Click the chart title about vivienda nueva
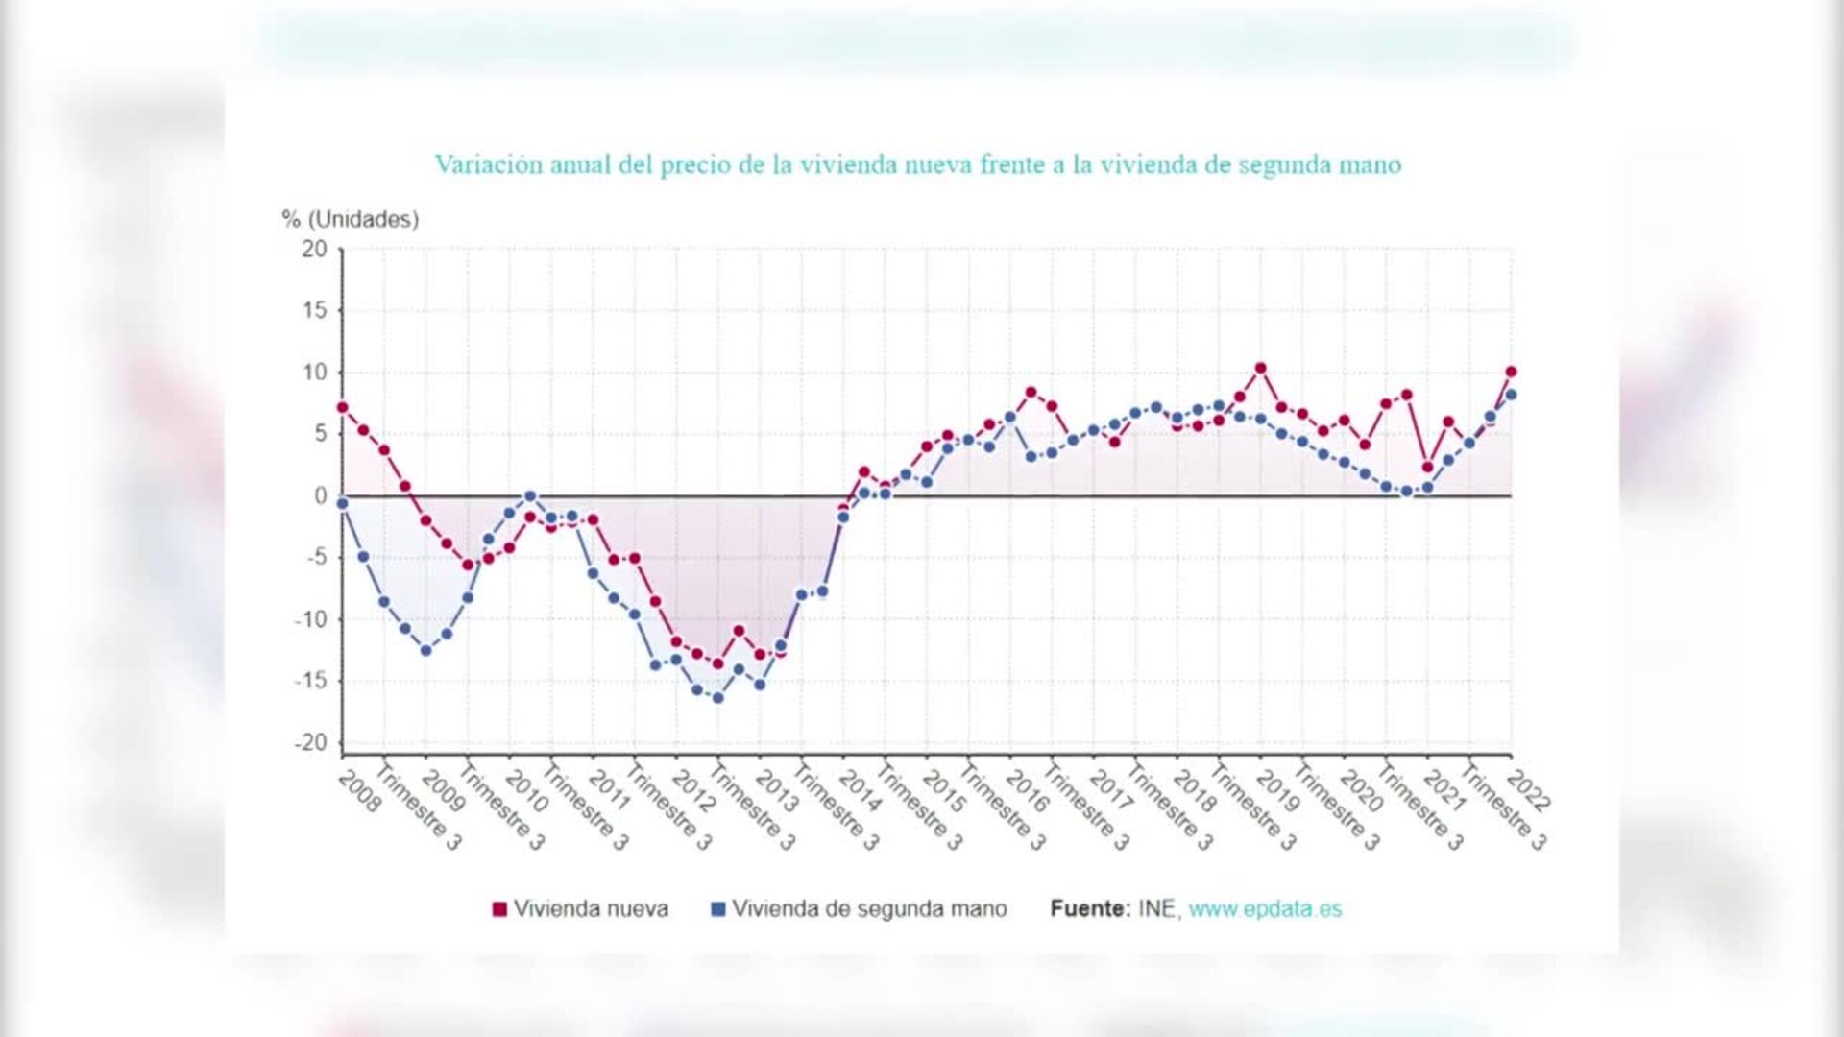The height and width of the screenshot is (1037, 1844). pos(917,165)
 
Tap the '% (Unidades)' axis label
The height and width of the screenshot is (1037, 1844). pos(350,219)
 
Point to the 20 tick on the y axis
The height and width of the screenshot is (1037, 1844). pos(314,249)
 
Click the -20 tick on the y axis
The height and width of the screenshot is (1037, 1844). pos(310,743)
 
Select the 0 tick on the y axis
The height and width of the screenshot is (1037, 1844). pos(321,496)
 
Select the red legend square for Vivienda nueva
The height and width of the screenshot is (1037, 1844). pos(499,909)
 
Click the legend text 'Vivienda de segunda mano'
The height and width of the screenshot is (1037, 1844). pos(869,908)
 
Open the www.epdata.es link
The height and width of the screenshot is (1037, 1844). pos(1265,908)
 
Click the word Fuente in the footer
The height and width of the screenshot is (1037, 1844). pos(1089,908)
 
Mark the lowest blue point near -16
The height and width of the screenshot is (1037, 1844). pos(717,698)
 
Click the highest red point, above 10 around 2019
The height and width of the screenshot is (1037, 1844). pos(1260,369)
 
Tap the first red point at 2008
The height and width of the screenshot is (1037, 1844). pos(343,407)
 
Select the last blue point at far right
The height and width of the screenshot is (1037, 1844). pos(1511,395)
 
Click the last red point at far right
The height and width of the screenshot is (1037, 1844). pos(1511,372)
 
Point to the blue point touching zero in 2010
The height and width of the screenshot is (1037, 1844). pos(530,496)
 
